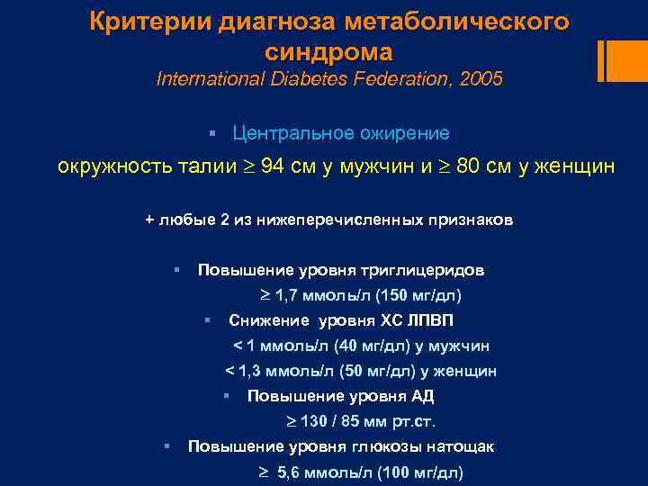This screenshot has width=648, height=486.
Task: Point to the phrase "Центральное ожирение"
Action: pyautogui.click(x=340, y=133)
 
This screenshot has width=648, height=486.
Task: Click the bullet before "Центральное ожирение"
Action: pyautogui.click(x=211, y=134)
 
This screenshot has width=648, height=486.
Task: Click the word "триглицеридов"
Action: pyautogui.click(x=422, y=270)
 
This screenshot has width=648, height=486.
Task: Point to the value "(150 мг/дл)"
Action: pyautogui.click(x=427, y=295)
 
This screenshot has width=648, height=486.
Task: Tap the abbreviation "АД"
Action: pyautogui.click(x=422, y=396)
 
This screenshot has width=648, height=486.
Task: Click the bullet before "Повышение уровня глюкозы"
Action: pyautogui.click(x=166, y=445)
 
